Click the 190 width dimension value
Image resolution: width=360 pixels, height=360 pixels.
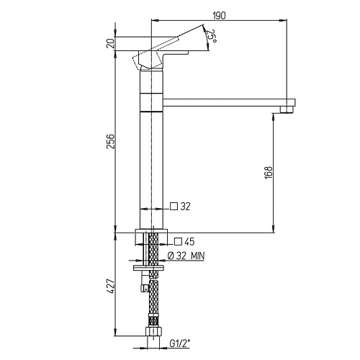point(220,16)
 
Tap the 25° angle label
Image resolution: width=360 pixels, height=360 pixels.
point(212,36)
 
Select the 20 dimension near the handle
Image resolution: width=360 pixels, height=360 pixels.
point(111,44)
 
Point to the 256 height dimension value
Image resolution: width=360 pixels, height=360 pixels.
point(111,142)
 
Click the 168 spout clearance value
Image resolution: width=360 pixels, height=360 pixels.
point(269,172)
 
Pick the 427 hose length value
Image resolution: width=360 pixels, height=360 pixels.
point(111,286)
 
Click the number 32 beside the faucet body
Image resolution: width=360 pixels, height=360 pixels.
point(185,207)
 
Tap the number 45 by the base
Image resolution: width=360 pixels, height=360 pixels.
point(189,242)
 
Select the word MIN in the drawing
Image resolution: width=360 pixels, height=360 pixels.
point(198,256)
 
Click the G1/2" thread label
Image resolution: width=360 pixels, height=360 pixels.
point(180,343)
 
